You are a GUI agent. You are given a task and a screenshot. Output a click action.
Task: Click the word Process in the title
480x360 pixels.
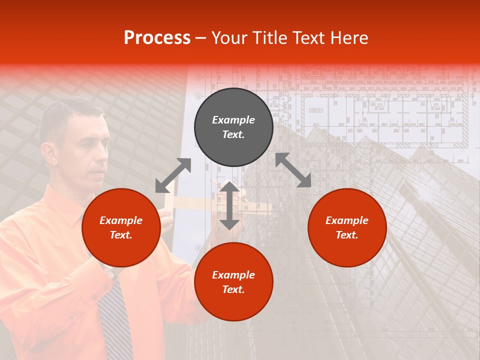click(x=157, y=38)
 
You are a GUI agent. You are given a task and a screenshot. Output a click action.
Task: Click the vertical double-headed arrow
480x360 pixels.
click(x=229, y=205)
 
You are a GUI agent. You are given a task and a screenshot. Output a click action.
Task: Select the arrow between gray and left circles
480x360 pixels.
click(x=173, y=175)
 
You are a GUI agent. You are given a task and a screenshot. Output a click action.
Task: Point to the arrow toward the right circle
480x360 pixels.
click(x=293, y=170)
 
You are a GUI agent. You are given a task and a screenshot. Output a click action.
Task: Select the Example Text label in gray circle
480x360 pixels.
click(x=233, y=127)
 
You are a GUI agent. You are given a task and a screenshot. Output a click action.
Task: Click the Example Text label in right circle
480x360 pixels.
click(x=347, y=227)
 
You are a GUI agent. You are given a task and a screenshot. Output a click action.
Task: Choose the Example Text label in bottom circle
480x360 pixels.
click(x=233, y=282)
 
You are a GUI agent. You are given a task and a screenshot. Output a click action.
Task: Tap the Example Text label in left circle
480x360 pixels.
click(x=121, y=227)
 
